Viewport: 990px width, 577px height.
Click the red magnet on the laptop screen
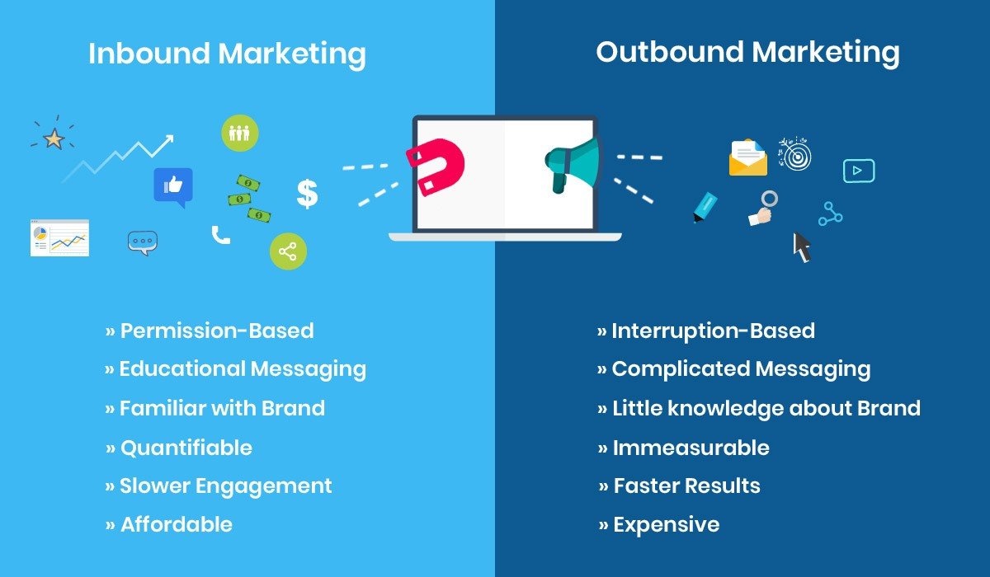tap(435, 167)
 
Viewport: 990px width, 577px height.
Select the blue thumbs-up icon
tap(173, 186)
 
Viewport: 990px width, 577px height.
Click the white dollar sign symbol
tap(307, 194)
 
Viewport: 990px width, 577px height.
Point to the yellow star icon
tap(54, 138)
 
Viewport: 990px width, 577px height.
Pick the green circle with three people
tap(239, 133)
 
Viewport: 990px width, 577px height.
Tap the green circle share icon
tap(288, 251)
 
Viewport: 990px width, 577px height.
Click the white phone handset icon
tap(220, 236)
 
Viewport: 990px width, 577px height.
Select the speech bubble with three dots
tap(143, 242)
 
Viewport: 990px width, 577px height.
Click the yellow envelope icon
tap(747, 158)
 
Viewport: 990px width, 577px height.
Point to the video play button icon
tap(858, 171)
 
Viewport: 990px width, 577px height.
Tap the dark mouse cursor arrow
tap(801, 246)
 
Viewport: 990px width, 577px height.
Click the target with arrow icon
tap(795, 154)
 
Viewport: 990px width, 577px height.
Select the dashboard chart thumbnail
tap(59, 237)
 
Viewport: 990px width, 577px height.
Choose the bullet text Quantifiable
tap(186, 448)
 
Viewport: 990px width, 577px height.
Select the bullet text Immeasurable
tap(691, 448)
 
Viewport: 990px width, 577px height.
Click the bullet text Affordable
tap(177, 524)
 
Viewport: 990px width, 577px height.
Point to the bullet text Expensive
tap(666, 524)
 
